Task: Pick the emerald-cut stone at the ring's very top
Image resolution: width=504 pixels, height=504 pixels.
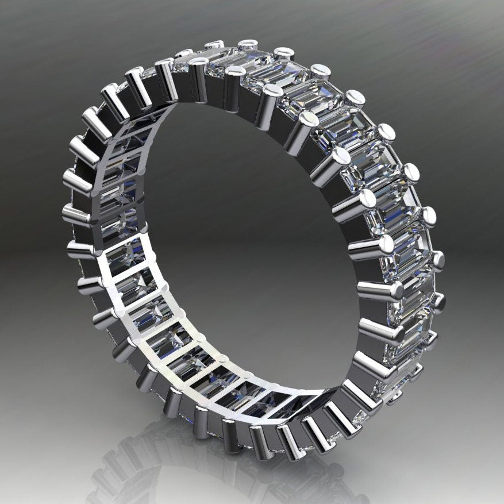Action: click(230, 57)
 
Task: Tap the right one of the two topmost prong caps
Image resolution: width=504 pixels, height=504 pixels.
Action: click(248, 43)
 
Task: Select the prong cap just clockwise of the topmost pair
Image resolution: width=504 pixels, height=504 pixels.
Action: click(283, 53)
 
